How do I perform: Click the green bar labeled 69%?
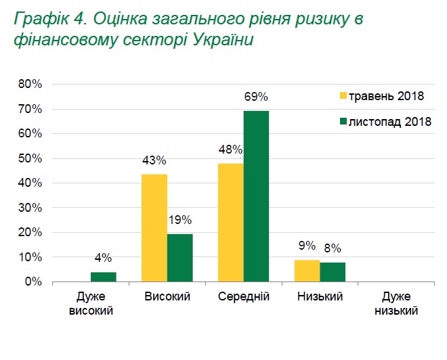tap(256, 196)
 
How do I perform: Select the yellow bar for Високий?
tap(154, 227)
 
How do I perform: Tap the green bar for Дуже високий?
tap(103, 277)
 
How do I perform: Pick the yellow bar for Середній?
tap(231, 222)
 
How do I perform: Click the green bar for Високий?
tap(179, 258)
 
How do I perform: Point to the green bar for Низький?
tap(333, 272)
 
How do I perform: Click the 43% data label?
tap(154, 160)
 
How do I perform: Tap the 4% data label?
tap(103, 258)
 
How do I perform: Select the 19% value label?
tap(180, 220)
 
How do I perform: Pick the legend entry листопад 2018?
tap(383, 121)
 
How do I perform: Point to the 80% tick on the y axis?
tap(30, 84)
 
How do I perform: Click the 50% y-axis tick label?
tap(30, 158)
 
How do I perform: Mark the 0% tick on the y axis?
tap(33, 282)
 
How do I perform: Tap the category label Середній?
tap(243, 297)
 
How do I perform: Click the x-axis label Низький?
tap(320, 297)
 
